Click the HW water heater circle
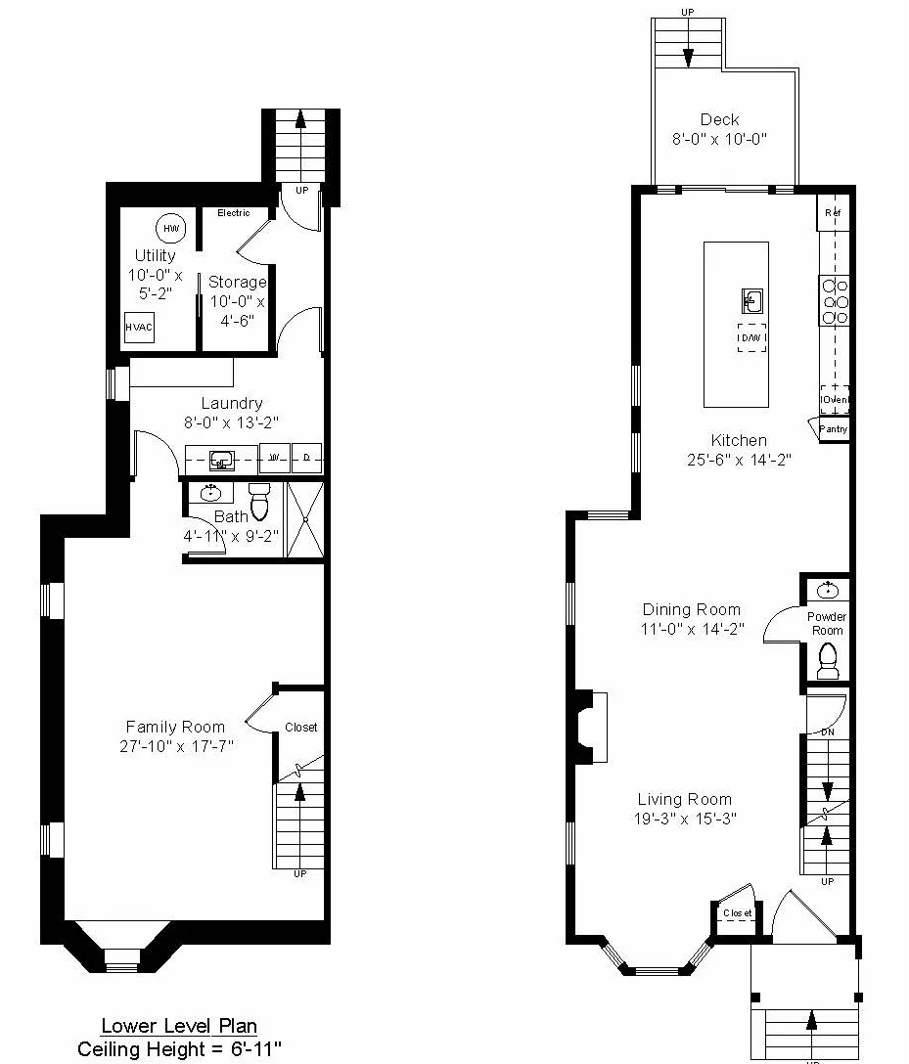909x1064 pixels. pyautogui.click(x=171, y=228)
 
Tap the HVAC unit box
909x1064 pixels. pyautogui.click(x=139, y=328)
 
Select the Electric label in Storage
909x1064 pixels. pyautogui.click(x=233, y=212)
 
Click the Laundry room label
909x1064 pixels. pyautogui.click(x=232, y=403)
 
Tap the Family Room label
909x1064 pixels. pyautogui.click(x=175, y=727)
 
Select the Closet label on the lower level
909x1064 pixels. pyautogui.click(x=301, y=728)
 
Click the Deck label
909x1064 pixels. pyautogui.click(x=719, y=120)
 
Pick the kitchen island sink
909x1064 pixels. pyautogui.click(x=751, y=299)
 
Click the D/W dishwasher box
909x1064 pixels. pyautogui.click(x=751, y=337)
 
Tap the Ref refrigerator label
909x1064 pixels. pyautogui.click(x=833, y=213)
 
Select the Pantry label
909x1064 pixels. pyautogui.click(x=834, y=429)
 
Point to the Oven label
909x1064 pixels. pyautogui.click(x=835, y=400)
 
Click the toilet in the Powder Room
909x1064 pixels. pyautogui.click(x=828, y=660)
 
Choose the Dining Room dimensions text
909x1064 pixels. pyautogui.click(x=691, y=630)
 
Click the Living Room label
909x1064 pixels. pyautogui.click(x=685, y=799)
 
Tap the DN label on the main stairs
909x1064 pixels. pyautogui.click(x=828, y=731)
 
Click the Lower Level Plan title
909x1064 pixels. pyautogui.click(x=180, y=1026)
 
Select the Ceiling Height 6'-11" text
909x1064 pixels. pyautogui.click(x=180, y=1048)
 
